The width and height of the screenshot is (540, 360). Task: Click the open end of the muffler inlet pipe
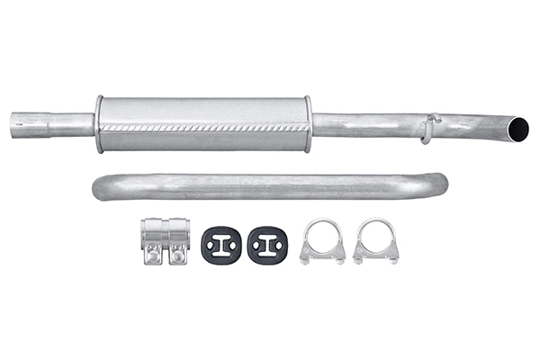[x=14, y=124]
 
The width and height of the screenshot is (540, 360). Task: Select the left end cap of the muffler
[x=98, y=124]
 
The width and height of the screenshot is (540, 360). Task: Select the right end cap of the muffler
[x=307, y=124]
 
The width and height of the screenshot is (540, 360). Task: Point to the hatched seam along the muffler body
[x=202, y=129]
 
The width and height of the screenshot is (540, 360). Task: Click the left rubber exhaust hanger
[x=219, y=244]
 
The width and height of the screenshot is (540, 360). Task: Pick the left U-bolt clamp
[x=323, y=241]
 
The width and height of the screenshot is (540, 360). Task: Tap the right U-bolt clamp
[x=375, y=241]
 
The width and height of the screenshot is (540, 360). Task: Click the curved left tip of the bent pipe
[x=98, y=188]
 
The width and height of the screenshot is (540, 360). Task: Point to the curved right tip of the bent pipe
[x=440, y=183]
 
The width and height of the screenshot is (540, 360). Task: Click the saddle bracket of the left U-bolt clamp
[x=323, y=257]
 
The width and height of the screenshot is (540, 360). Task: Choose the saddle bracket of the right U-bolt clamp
[x=375, y=257]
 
